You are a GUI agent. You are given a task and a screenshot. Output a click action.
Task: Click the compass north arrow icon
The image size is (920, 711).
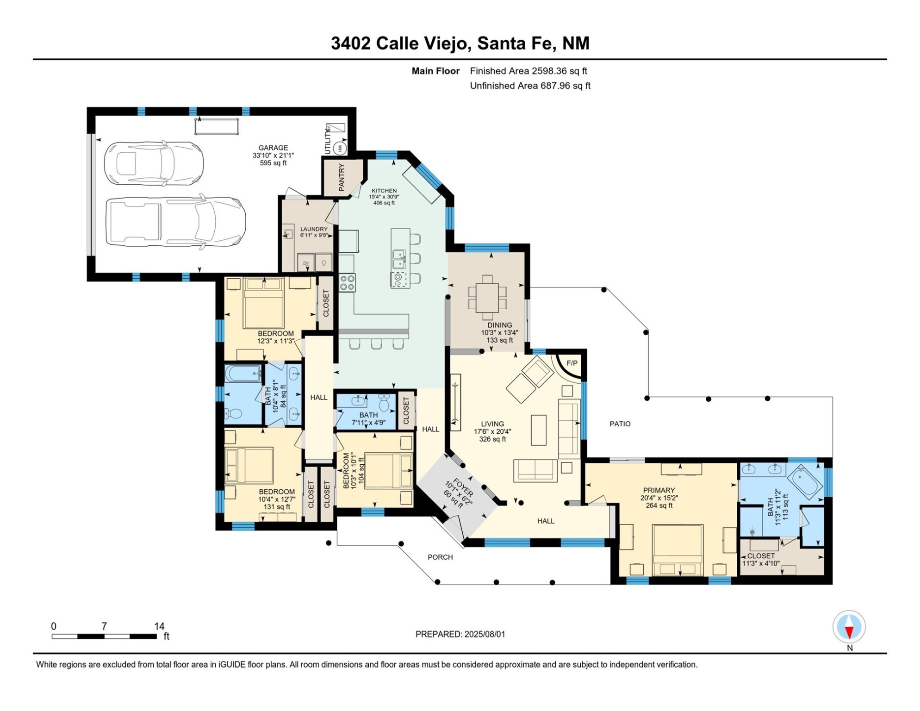click(x=849, y=627)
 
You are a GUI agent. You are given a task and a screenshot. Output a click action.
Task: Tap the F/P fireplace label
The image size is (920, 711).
click(x=572, y=363)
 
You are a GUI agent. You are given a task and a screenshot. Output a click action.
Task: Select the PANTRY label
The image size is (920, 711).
click(x=342, y=177)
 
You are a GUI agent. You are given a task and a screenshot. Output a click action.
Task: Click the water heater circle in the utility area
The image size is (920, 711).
click(x=340, y=148)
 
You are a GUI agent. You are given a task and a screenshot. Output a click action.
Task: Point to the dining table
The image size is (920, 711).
click(x=488, y=298)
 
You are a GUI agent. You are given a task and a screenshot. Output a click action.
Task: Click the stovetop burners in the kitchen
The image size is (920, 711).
click(x=348, y=283)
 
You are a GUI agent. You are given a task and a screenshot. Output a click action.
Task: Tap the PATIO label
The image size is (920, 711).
click(x=620, y=424)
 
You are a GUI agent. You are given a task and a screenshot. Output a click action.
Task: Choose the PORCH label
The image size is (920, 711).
click(x=440, y=557)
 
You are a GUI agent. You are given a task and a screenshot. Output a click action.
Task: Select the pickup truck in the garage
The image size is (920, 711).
click(x=176, y=222)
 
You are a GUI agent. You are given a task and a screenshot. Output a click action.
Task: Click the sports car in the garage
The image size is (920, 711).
click(x=154, y=164)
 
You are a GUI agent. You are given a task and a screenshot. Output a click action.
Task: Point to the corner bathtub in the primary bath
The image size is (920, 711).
click(x=805, y=482)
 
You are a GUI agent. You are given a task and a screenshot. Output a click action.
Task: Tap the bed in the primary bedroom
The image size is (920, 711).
click(x=678, y=550)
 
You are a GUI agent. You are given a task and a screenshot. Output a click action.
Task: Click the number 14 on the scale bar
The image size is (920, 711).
click(x=159, y=626)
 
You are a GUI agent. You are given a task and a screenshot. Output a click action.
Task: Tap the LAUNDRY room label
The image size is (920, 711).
click(x=314, y=229)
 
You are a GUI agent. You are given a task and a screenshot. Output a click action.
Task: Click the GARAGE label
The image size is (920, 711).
click(x=273, y=148)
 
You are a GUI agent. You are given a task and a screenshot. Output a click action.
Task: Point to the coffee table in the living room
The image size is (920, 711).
click(x=538, y=430)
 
